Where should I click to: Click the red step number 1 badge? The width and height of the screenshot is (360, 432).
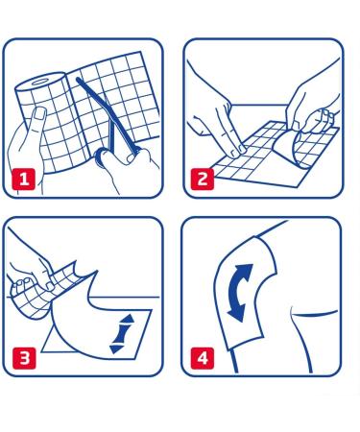click(23, 179)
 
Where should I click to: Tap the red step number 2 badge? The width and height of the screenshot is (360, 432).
click(203, 179)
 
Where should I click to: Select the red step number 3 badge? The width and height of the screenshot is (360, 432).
click(24, 358)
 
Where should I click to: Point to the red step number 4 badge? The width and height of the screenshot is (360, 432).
click(203, 358)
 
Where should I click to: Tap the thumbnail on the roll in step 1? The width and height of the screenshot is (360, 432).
click(40, 113)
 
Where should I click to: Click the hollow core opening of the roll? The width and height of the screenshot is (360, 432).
click(39, 83)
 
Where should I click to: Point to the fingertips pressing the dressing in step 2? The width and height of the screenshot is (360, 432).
click(237, 151)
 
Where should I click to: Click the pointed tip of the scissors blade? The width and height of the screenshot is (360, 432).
click(78, 79)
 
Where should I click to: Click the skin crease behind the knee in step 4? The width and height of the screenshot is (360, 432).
click(315, 314)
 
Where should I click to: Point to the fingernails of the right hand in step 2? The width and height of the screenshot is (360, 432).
click(325, 114)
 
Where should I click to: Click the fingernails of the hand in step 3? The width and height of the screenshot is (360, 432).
click(22, 281)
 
